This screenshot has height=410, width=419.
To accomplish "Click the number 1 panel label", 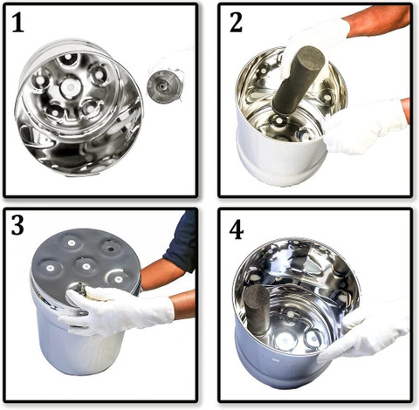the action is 18,24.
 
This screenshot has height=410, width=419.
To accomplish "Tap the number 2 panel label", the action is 236,23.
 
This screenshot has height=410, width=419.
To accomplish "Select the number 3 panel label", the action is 17,226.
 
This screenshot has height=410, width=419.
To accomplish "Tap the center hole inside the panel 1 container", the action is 71,86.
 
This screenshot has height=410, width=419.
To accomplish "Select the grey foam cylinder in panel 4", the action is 257,309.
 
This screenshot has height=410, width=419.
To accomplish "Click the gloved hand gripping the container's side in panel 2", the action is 364,126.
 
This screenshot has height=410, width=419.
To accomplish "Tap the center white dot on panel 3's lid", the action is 86,266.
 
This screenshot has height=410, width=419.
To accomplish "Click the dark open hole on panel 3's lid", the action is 111,249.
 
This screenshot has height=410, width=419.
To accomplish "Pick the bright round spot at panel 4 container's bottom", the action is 284,341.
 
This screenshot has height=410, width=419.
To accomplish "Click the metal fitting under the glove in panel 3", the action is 80,290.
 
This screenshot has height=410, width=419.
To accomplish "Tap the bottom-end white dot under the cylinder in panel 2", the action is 279,120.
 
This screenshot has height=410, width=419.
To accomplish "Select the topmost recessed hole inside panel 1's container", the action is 68,58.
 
